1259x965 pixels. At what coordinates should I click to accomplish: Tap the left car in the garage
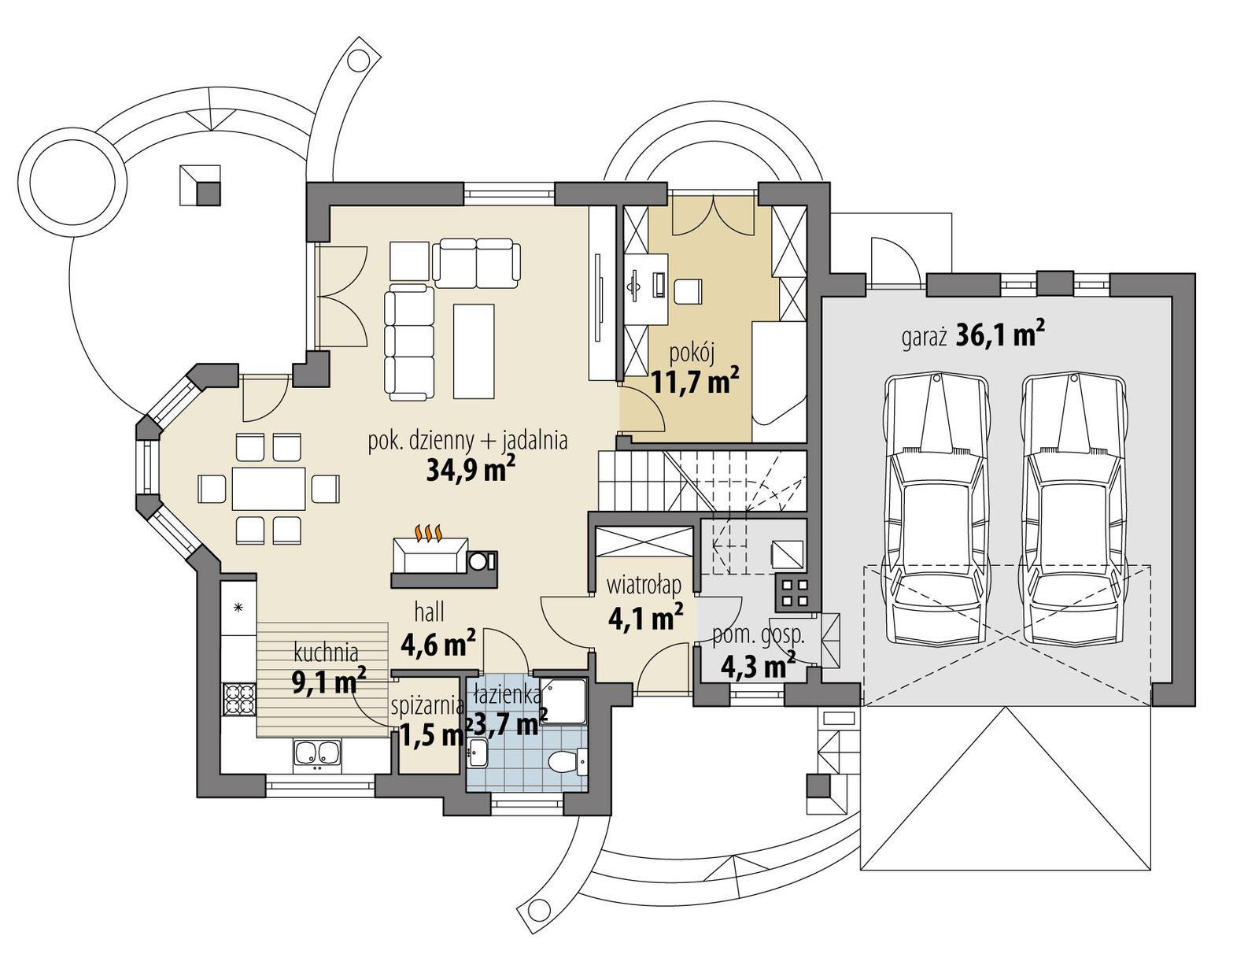click(935, 510)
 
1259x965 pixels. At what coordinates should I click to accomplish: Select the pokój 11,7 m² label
click(694, 370)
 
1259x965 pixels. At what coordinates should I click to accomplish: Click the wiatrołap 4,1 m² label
click(644, 603)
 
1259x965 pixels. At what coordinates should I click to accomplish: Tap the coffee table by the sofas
click(474, 351)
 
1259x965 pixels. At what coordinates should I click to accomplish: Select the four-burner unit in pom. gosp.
click(792, 593)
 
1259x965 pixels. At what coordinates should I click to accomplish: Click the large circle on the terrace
click(71, 178)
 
